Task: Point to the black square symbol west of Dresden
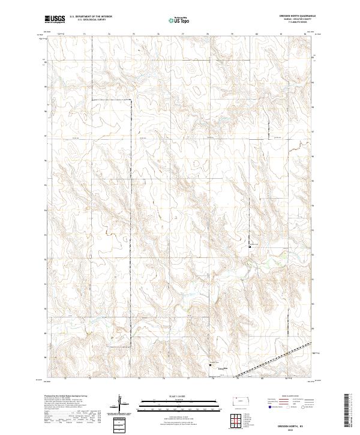tap(210, 363)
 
